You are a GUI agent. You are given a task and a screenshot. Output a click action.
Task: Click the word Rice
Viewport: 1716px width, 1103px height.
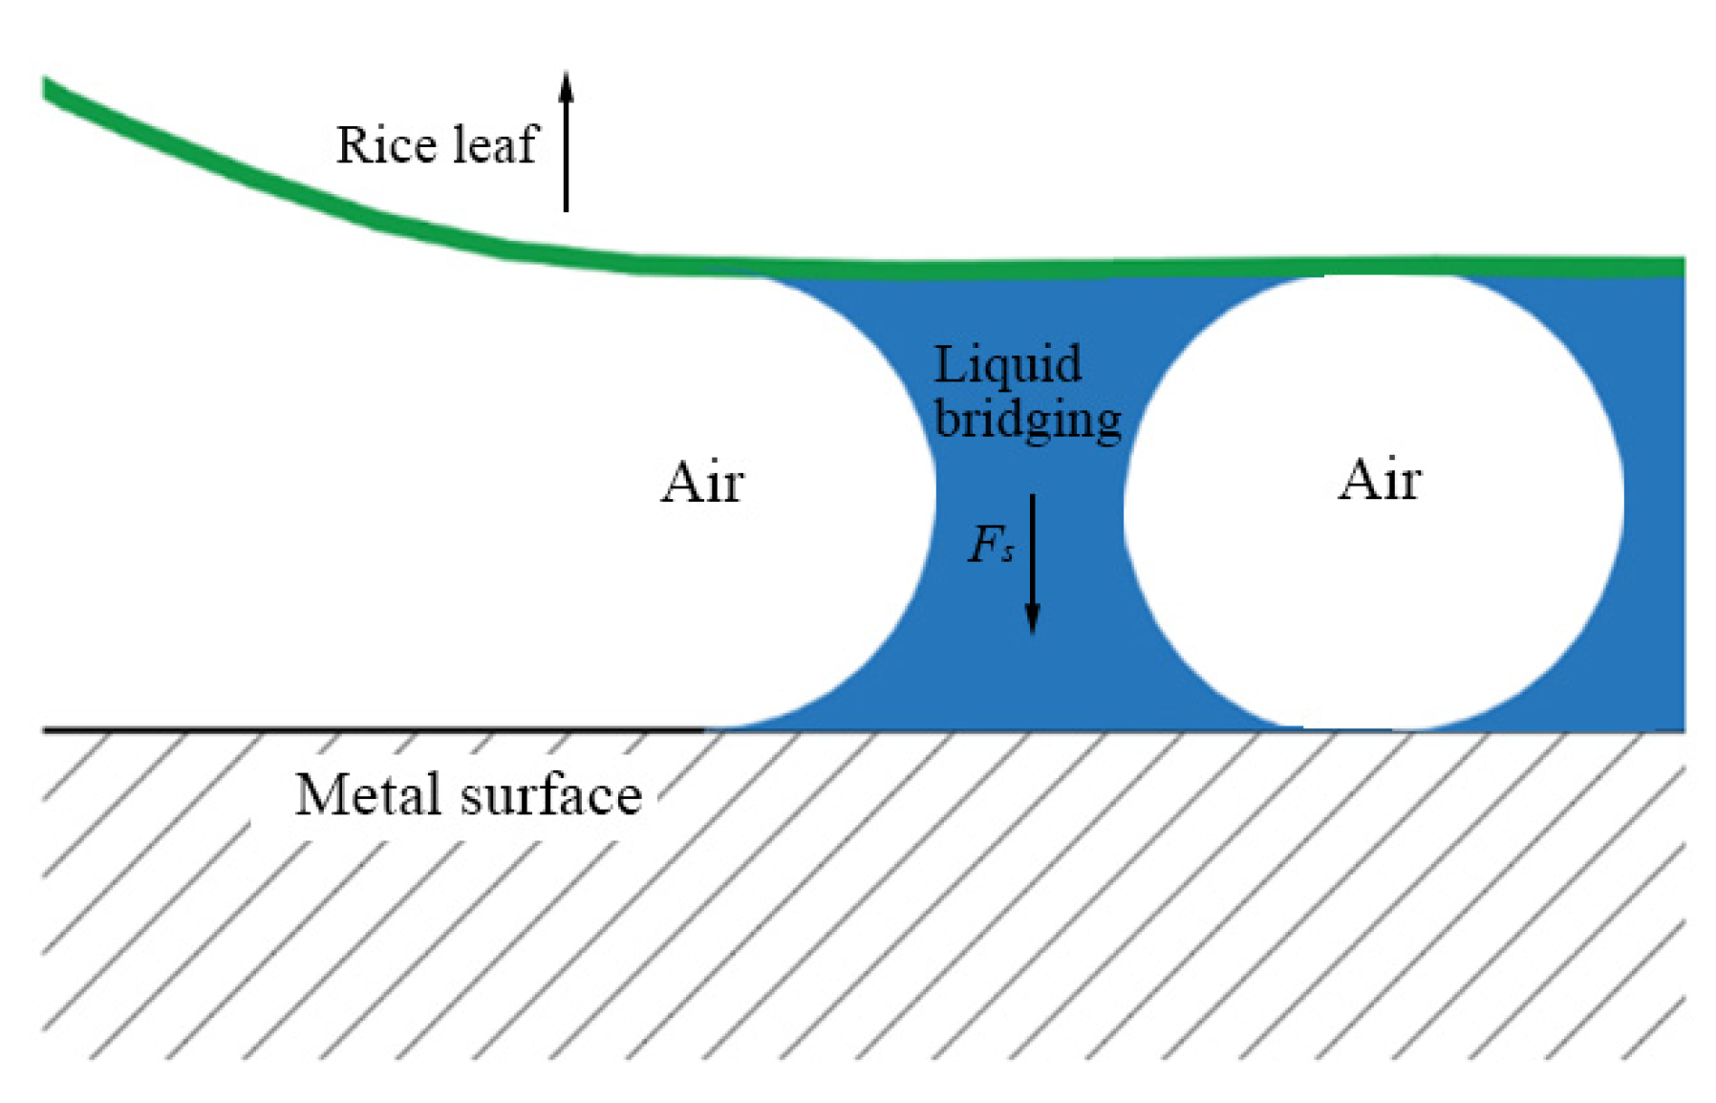click(x=386, y=145)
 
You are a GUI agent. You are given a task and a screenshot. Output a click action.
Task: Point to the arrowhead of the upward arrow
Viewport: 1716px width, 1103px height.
click(x=566, y=84)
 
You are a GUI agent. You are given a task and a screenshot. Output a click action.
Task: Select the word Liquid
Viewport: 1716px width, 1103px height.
click(x=1007, y=365)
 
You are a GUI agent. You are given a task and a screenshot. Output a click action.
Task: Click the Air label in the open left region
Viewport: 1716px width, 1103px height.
click(x=701, y=482)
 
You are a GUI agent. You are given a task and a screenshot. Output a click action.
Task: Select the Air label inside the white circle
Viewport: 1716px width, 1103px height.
click(x=1379, y=480)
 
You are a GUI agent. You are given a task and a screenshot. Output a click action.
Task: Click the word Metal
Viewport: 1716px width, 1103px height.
click(x=368, y=795)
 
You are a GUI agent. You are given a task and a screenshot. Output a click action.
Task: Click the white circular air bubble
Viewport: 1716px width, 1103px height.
click(x=1374, y=573)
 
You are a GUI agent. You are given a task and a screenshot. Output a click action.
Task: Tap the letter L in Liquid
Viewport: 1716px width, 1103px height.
click(x=946, y=365)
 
